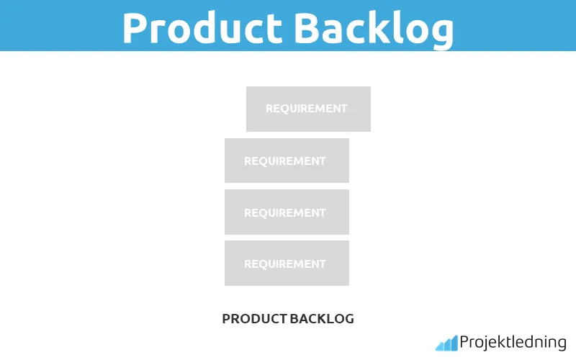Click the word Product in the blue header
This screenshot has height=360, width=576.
coord(202,27)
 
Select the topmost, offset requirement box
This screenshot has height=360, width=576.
coord(308,109)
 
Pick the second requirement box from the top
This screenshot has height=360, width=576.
coord(287,161)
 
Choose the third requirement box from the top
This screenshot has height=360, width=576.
coord(287,212)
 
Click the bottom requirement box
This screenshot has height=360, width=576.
coord(287,264)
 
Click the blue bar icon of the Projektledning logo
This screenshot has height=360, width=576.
coord(446,343)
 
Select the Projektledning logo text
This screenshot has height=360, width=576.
coord(513,343)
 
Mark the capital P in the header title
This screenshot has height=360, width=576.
coord(138,27)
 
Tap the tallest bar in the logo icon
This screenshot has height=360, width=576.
coord(454,342)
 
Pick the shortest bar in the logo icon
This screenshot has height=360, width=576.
coord(438,346)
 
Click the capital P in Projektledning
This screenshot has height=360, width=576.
coord(464,342)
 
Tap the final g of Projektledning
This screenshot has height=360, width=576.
coord(562,345)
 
